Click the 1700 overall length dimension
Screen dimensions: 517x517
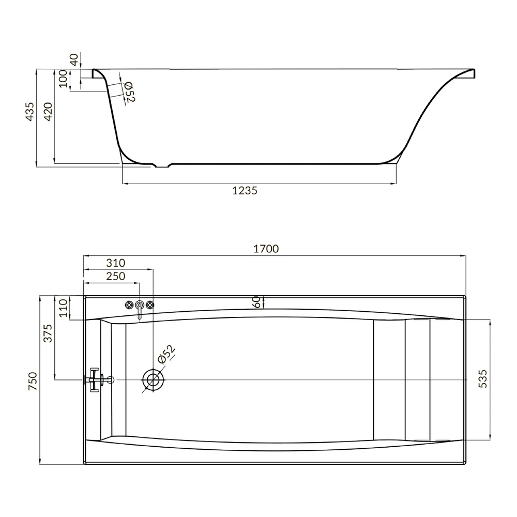click(266, 249)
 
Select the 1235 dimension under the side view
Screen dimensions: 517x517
click(245, 191)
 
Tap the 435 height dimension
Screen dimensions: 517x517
click(29, 112)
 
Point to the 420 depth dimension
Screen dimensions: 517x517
click(48, 112)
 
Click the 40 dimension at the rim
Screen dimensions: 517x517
click(74, 59)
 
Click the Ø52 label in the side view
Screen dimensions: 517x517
click(130, 92)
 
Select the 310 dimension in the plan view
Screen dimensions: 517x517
click(116, 263)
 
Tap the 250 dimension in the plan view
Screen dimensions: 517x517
click(116, 276)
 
